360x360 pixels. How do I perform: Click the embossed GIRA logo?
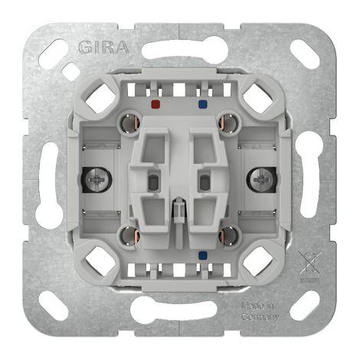[103, 47]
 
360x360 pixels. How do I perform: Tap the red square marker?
[155, 104]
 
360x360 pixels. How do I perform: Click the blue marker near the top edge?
[203, 104]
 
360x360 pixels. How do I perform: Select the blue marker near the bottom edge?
[203, 254]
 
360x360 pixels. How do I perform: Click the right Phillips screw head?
[260, 180]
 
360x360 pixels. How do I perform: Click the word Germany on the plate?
[260, 317]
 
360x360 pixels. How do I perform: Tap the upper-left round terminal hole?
[129, 123]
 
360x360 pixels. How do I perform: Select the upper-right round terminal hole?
[228, 123]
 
